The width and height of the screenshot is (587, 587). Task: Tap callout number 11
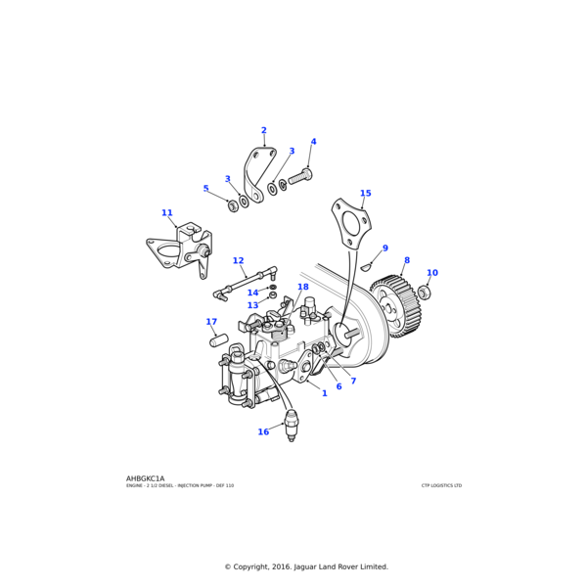pyautogui.click(x=167, y=212)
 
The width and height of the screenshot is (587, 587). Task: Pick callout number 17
pyautogui.click(x=211, y=322)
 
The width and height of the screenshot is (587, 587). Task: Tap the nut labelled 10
pyautogui.click(x=424, y=292)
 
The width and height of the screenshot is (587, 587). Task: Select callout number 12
pyautogui.click(x=238, y=261)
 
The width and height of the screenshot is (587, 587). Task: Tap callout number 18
pyautogui.click(x=303, y=288)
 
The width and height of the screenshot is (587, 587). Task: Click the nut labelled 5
pyautogui.click(x=233, y=205)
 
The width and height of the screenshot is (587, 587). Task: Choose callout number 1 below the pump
pyautogui.click(x=324, y=393)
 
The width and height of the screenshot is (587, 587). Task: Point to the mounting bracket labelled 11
pyautogui.click(x=183, y=254)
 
